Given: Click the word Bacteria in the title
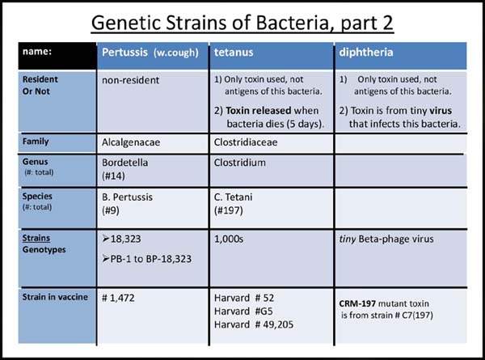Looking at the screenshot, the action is click(292, 23).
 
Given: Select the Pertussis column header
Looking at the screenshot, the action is click(150, 53).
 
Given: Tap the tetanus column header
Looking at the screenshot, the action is click(234, 52).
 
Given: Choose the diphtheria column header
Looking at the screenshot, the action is click(366, 52).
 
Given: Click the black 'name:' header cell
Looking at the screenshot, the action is click(57, 56).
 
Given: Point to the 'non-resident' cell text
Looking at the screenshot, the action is click(130, 80).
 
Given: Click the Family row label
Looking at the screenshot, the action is click(36, 142).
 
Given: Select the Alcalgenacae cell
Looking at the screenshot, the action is click(131, 142).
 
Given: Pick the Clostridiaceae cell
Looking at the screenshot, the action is click(246, 142).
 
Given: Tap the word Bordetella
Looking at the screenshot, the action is click(125, 163).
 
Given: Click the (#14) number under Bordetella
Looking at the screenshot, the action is click(113, 176).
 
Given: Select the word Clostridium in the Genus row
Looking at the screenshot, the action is click(240, 163).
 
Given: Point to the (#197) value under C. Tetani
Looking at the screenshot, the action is click(228, 210).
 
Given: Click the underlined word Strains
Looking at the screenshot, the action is click(36, 238).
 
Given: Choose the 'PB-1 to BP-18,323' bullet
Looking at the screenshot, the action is click(146, 259).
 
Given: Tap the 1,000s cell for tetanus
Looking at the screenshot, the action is click(229, 239).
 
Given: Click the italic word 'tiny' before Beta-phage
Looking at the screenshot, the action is click(348, 239).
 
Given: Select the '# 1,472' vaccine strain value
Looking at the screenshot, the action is click(118, 298).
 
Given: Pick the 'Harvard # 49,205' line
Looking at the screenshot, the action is click(254, 324).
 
